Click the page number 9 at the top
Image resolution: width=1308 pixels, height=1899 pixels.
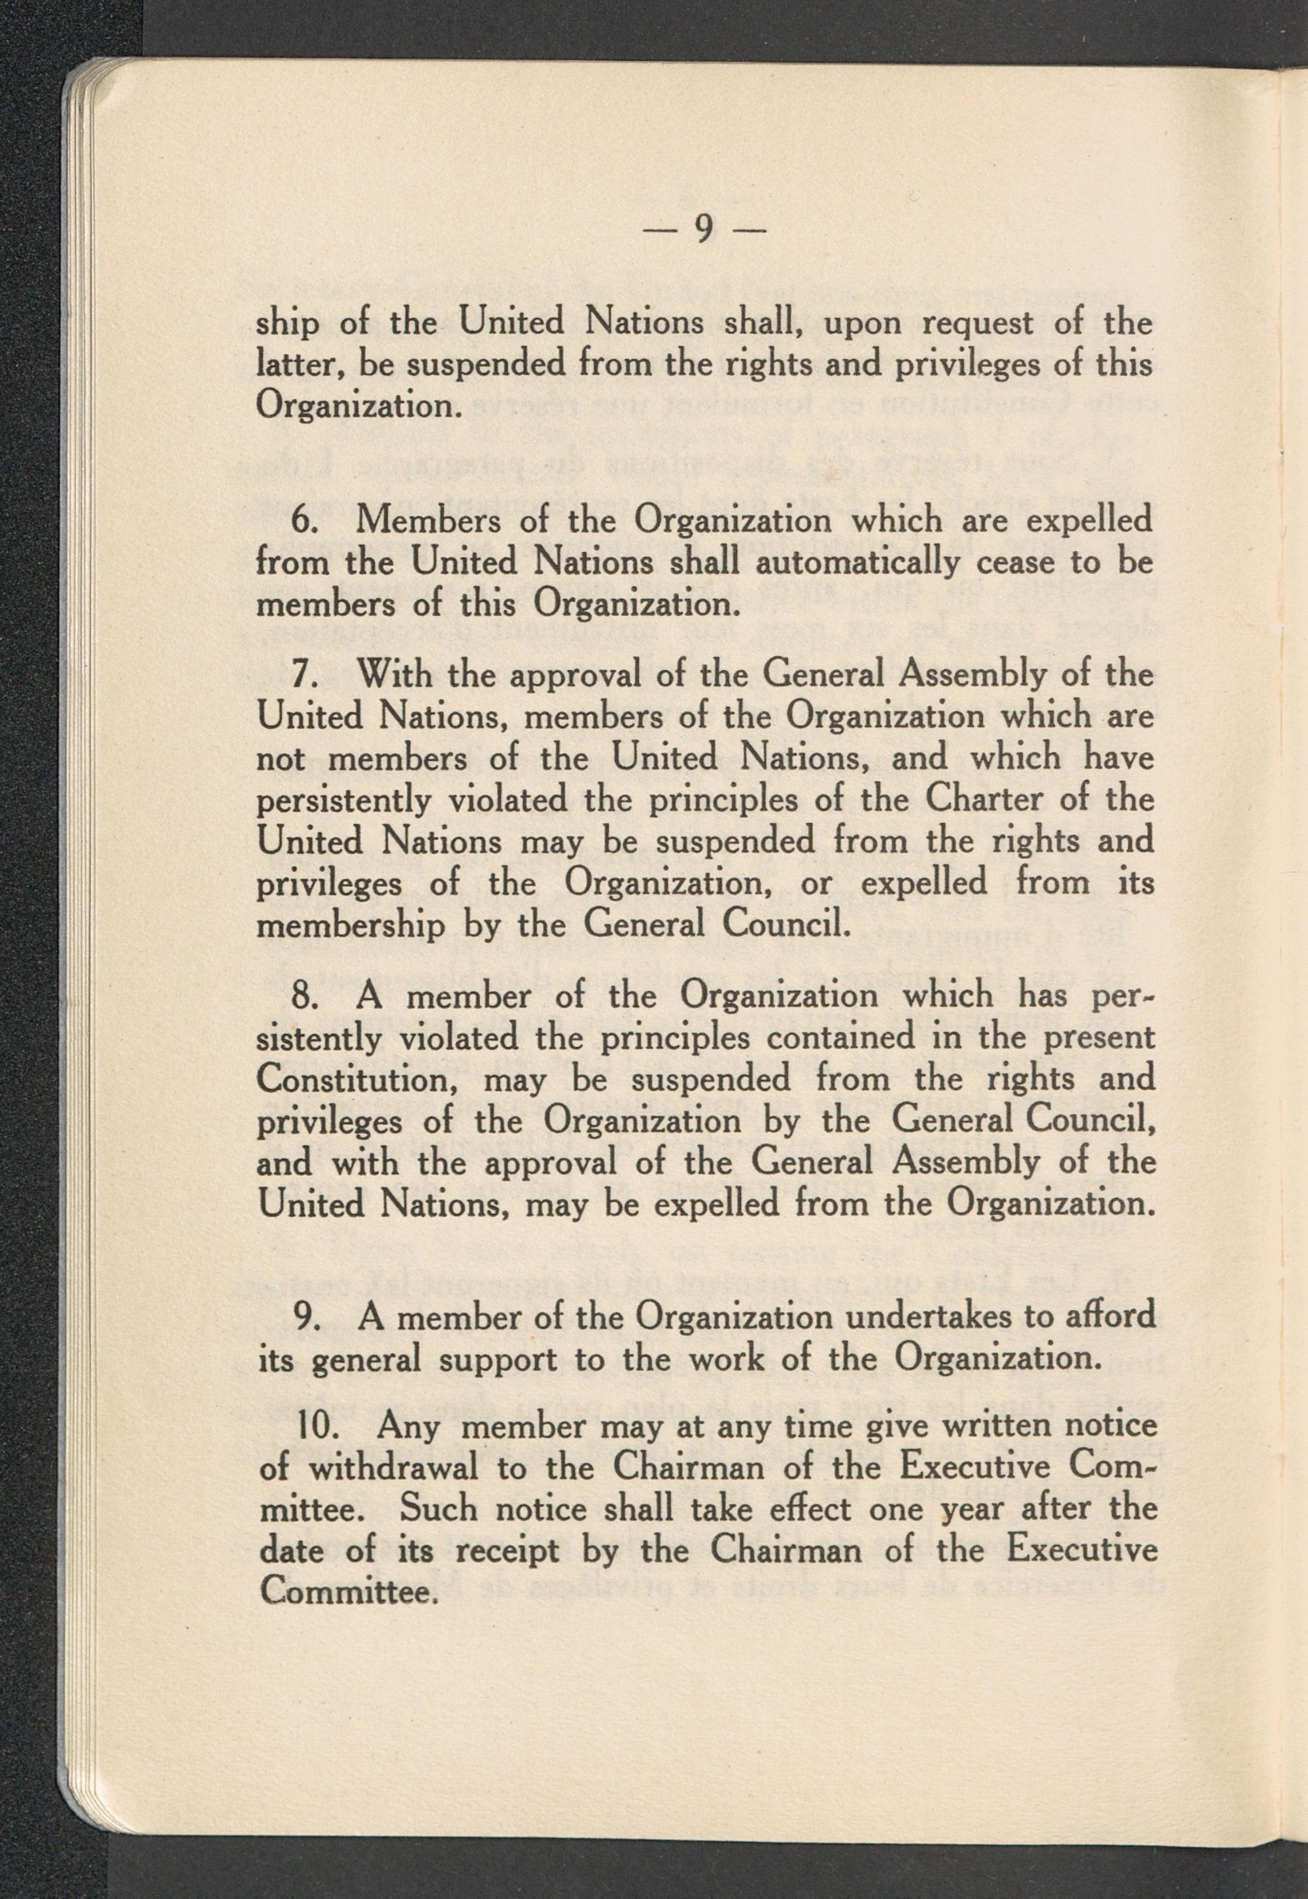pyautogui.click(x=702, y=231)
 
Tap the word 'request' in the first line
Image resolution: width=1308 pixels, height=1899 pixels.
pyautogui.click(x=979, y=324)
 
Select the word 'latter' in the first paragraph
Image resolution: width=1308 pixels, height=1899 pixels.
pyautogui.click(x=303, y=366)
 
